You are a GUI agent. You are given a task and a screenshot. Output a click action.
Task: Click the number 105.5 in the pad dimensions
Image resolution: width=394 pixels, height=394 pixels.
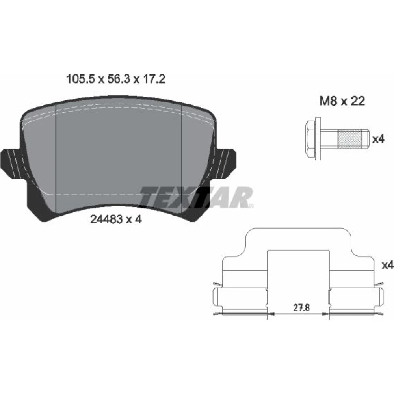point(80,79)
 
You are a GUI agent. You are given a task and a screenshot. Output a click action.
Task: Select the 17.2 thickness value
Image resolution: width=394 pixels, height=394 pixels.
point(154,79)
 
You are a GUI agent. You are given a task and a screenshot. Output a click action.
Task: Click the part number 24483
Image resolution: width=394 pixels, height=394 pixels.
point(106,219)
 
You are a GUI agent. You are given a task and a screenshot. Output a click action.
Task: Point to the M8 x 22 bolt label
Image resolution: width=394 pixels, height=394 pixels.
point(342,101)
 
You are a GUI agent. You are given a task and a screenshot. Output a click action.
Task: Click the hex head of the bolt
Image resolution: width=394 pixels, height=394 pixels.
point(310,139)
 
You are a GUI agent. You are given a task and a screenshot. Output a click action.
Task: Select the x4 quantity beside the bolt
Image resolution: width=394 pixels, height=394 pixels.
point(378,139)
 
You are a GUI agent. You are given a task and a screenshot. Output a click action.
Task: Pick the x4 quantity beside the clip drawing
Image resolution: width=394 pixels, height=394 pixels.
point(388,265)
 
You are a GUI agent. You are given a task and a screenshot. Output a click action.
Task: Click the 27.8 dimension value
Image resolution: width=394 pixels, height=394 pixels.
point(301,308)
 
